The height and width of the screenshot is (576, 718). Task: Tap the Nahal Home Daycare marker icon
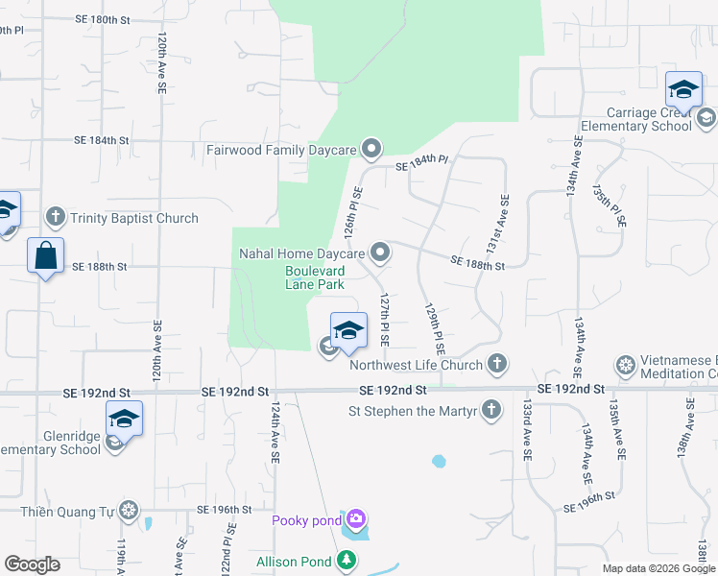coord(380,252)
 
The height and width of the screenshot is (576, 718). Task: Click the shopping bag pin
coord(45,256)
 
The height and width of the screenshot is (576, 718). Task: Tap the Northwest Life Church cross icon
coord(496,364)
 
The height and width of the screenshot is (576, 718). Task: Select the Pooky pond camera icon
coord(356,519)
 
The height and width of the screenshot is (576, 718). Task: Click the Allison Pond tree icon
coord(346,561)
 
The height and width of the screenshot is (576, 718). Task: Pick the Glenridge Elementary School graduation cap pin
coord(124,419)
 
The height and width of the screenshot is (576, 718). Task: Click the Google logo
coord(32,564)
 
